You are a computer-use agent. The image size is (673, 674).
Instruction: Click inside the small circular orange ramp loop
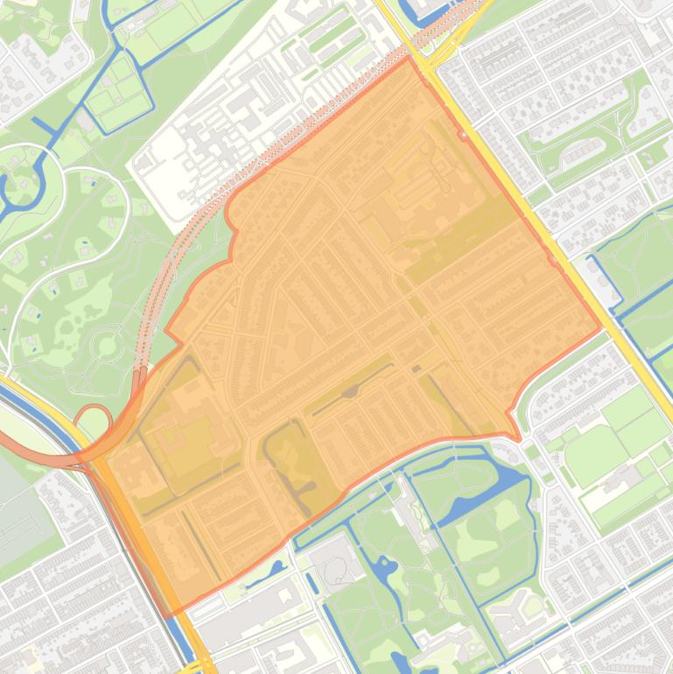tap(92, 419)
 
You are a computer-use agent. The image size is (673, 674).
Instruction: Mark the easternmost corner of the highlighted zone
tap(602, 328)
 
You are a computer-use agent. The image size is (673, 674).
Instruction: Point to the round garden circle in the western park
tap(107, 346)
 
